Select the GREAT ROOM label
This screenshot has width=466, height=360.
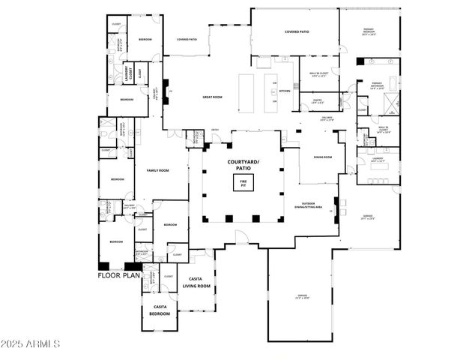click(x=212, y=96)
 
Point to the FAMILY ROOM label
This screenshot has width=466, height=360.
click(x=157, y=170)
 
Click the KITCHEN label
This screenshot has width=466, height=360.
click(x=285, y=91)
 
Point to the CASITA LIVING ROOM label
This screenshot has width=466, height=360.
click(x=198, y=283)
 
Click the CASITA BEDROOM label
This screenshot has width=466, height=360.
click(x=160, y=310)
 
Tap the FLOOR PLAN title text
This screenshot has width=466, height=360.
click(x=118, y=275)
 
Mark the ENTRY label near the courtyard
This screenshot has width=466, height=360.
click(x=214, y=128)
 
